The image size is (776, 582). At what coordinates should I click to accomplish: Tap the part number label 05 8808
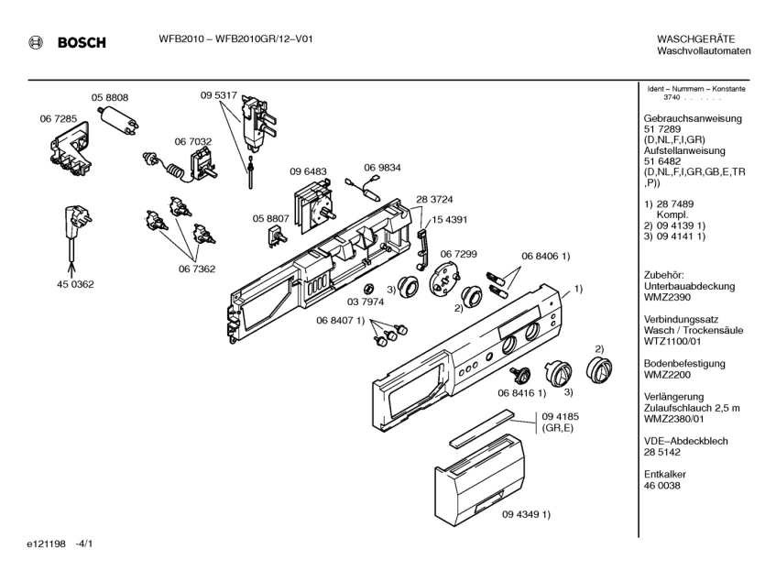109,97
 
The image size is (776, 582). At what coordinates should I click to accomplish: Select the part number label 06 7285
59,120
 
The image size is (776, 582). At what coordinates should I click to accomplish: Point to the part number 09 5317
219,95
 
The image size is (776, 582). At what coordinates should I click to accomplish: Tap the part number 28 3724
435,200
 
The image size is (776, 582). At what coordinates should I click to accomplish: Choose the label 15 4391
450,221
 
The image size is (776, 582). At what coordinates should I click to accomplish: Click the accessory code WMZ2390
668,298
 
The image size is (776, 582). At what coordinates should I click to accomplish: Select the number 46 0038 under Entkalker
662,486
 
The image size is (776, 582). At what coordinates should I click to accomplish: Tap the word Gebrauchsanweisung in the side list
693,119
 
